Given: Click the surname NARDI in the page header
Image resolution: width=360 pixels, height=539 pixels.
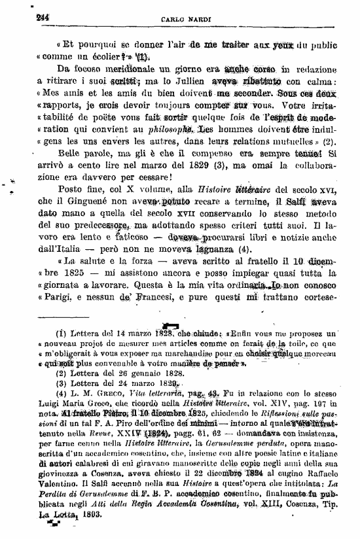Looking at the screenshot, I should [195, 21].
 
